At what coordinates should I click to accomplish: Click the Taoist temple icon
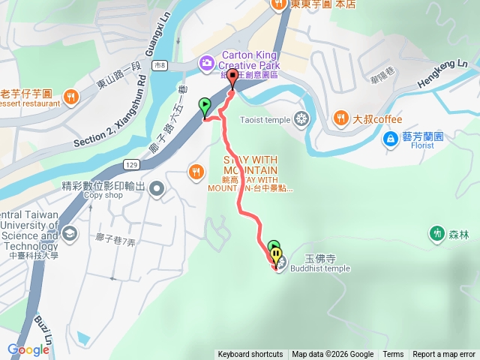pyautogui.click(x=301, y=118)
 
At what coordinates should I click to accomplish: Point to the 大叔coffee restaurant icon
pyautogui.click(x=340, y=118)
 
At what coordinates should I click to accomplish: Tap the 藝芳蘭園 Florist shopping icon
pyautogui.click(x=391, y=138)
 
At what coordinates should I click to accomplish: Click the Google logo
pyautogui.click(x=28, y=349)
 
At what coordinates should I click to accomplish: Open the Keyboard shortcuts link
pyautogui.click(x=250, y=355)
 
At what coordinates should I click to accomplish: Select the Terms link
pyautogui.click(x=393, y=355)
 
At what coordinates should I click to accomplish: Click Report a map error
pyautogui.click(x=444, y=355)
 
